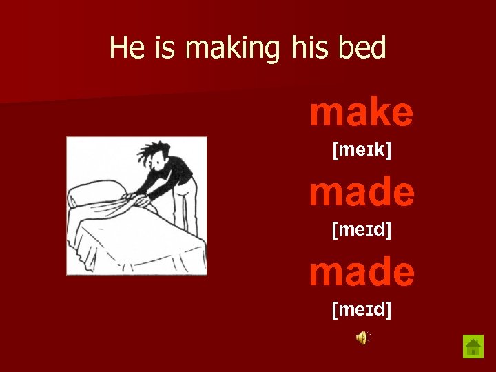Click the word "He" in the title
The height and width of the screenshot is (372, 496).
[x=125, y=48]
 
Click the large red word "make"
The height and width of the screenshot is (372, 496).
[x=362, y=112]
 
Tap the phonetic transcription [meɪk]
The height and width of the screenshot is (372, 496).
[x=362, y=149]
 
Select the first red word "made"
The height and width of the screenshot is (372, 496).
[x=362, y=192]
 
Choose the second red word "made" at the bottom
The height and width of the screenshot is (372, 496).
[x=362, y=271]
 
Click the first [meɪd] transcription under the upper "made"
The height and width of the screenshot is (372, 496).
[x=362, y=229]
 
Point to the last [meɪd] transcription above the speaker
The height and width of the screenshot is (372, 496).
[x=362, y=310]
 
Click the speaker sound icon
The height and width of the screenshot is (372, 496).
[x=362, y=337]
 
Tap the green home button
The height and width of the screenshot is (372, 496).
[x=473, y=346]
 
